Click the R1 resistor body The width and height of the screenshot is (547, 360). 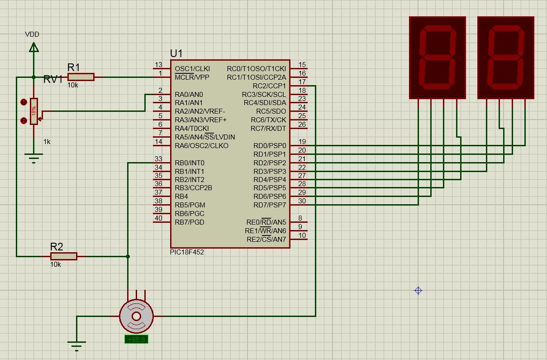click(x=81, y=77)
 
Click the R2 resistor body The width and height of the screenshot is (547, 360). click(x=64, y=256)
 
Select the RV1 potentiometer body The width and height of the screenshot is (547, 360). click(x=34, y=111)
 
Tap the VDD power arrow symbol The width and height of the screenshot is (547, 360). click(x=33, y=47)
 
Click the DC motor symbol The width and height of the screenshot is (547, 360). click(x=136, y=316)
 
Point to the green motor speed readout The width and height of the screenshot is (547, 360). click(x=136, y=339)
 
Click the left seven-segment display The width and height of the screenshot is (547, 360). click(x=437, y=58)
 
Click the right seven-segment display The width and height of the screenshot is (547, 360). click(x=506, y=58)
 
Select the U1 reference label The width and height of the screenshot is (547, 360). click(x=176, y=53)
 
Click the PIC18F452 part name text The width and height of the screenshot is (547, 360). click(x=187, y=252)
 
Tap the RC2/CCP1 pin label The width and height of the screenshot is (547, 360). click(x=269, y=86)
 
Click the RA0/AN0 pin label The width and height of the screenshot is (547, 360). click(x=189, y=95)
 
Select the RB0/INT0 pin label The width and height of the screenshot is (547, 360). click(x=190, y=163)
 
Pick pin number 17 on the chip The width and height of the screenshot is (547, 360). click(x=302, y=82)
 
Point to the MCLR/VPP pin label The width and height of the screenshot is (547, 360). click(x=192, y=77)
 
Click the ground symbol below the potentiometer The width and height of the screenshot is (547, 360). click(x=33, y=158)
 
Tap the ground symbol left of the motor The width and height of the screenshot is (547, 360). click(x=76, y=345)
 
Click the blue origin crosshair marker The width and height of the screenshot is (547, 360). click(x=419, y=291)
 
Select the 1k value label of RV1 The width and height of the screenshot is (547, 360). click(x=47, y=142)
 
